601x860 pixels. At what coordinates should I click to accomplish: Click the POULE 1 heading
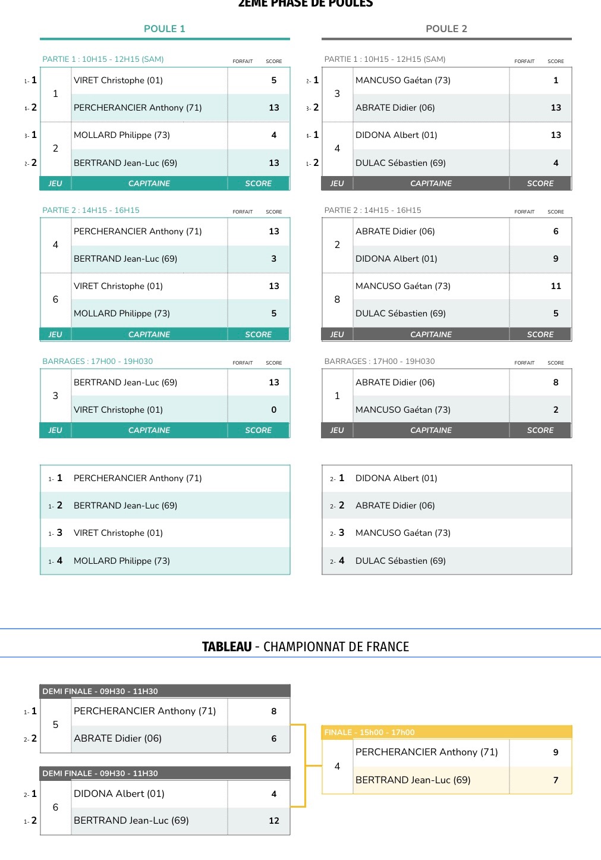click(165, 29)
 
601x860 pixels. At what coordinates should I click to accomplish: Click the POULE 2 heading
click(446, 29)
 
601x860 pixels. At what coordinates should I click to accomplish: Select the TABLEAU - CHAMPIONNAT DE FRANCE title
click(306, 646)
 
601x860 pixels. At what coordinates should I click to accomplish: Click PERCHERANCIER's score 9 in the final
click(556, 752)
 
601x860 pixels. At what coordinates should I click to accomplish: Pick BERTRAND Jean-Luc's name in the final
click(413, 780)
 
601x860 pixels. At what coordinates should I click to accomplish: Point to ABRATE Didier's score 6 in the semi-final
click(274, 739)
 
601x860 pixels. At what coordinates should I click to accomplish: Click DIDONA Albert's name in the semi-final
click(119, 793)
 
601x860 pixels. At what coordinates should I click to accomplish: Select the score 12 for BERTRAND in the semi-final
click(274, 821)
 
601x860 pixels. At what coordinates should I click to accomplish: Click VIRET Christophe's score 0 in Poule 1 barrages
click(274, 410)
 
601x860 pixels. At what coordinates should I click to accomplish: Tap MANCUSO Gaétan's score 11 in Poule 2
click(556, 286)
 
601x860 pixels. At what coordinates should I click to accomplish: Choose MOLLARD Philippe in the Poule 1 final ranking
click(122, 561)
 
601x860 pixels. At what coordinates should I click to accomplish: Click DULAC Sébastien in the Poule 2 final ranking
click(401, 561)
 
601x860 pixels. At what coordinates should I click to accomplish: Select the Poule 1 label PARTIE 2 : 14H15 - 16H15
click(91, 210)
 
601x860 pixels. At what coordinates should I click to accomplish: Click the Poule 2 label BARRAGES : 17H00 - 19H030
click(380, 361)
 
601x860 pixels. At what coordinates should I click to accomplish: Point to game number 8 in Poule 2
click(337, 300)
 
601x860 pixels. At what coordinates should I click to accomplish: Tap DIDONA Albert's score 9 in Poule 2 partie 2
click(556, 259)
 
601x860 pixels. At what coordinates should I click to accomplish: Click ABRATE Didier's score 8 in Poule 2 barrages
click(556, 382)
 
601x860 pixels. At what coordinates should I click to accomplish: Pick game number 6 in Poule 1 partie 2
click(55, 300)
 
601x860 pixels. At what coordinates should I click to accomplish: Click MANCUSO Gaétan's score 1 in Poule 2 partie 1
click(556, 80)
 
